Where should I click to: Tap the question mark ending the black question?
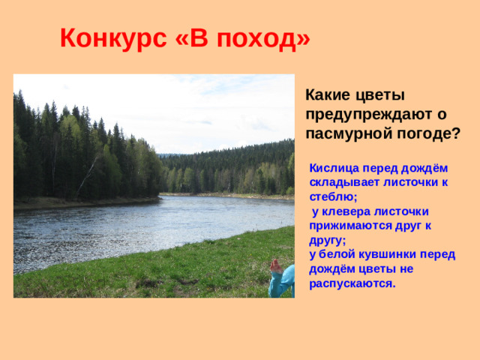pyautogui.click(x=457, y=134)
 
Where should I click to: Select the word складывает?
pyautogui.click(x=342, y=183)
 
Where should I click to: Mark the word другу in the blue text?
pyautogui.click(x=326, y=240)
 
